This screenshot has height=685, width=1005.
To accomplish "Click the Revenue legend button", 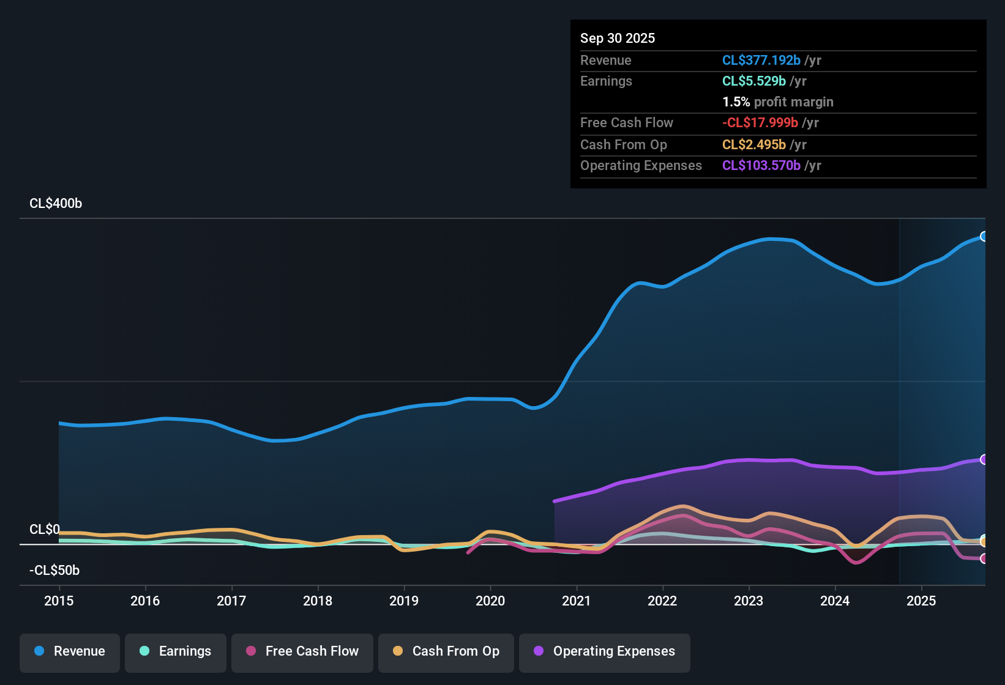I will pyautogui.click(x=70, y=651).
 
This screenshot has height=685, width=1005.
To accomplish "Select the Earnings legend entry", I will pyautogui.click(x=176, y=651).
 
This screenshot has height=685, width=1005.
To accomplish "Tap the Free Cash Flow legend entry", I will pyautogui.click(x=302, y=651).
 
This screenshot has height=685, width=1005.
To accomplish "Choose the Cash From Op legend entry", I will pyautogui.click(x=446, y=651).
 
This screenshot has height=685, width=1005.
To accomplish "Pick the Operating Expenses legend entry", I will pyautogui.click(x=605, y=651).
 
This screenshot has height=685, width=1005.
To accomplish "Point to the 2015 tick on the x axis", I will pyautogui.click(x=59, y=601).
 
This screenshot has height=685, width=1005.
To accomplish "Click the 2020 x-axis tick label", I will pyautogui.click(x=490, y=601).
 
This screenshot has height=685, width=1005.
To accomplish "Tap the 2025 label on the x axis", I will pyautogui.click(x=921, y=601).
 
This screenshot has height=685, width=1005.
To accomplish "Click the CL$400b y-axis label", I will pyautogui.click(x=56, y=204).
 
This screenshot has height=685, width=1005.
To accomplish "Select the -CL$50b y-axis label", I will pyautogui.click(x=54, y=571).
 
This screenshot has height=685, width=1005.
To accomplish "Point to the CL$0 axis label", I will pyautogui.click(x=45, y=530).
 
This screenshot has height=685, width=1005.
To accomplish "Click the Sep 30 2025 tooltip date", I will pyautogui.click(x=618, y=39).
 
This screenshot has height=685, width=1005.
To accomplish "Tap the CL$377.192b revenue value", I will pyautogui.click(x=761, y=61).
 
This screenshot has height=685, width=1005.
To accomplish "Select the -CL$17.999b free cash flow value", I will pyautogui.click(x=760, y=123).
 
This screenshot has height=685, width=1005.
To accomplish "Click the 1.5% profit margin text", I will pyautogui.click(x=778, y=102).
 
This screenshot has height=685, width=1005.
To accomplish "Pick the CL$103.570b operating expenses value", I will pyautogui.click(x=761, y=166).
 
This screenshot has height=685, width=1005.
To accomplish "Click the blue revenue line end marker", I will pyautogui.click(x=984, y=237).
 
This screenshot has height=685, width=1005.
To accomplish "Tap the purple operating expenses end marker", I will pyautogui.click(x=984, y=459).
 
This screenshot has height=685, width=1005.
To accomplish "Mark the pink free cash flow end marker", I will pyautogui.click(x=984, y=558).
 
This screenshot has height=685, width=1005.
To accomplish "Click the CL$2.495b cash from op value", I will pyautogui.click(x=753, y=145).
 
